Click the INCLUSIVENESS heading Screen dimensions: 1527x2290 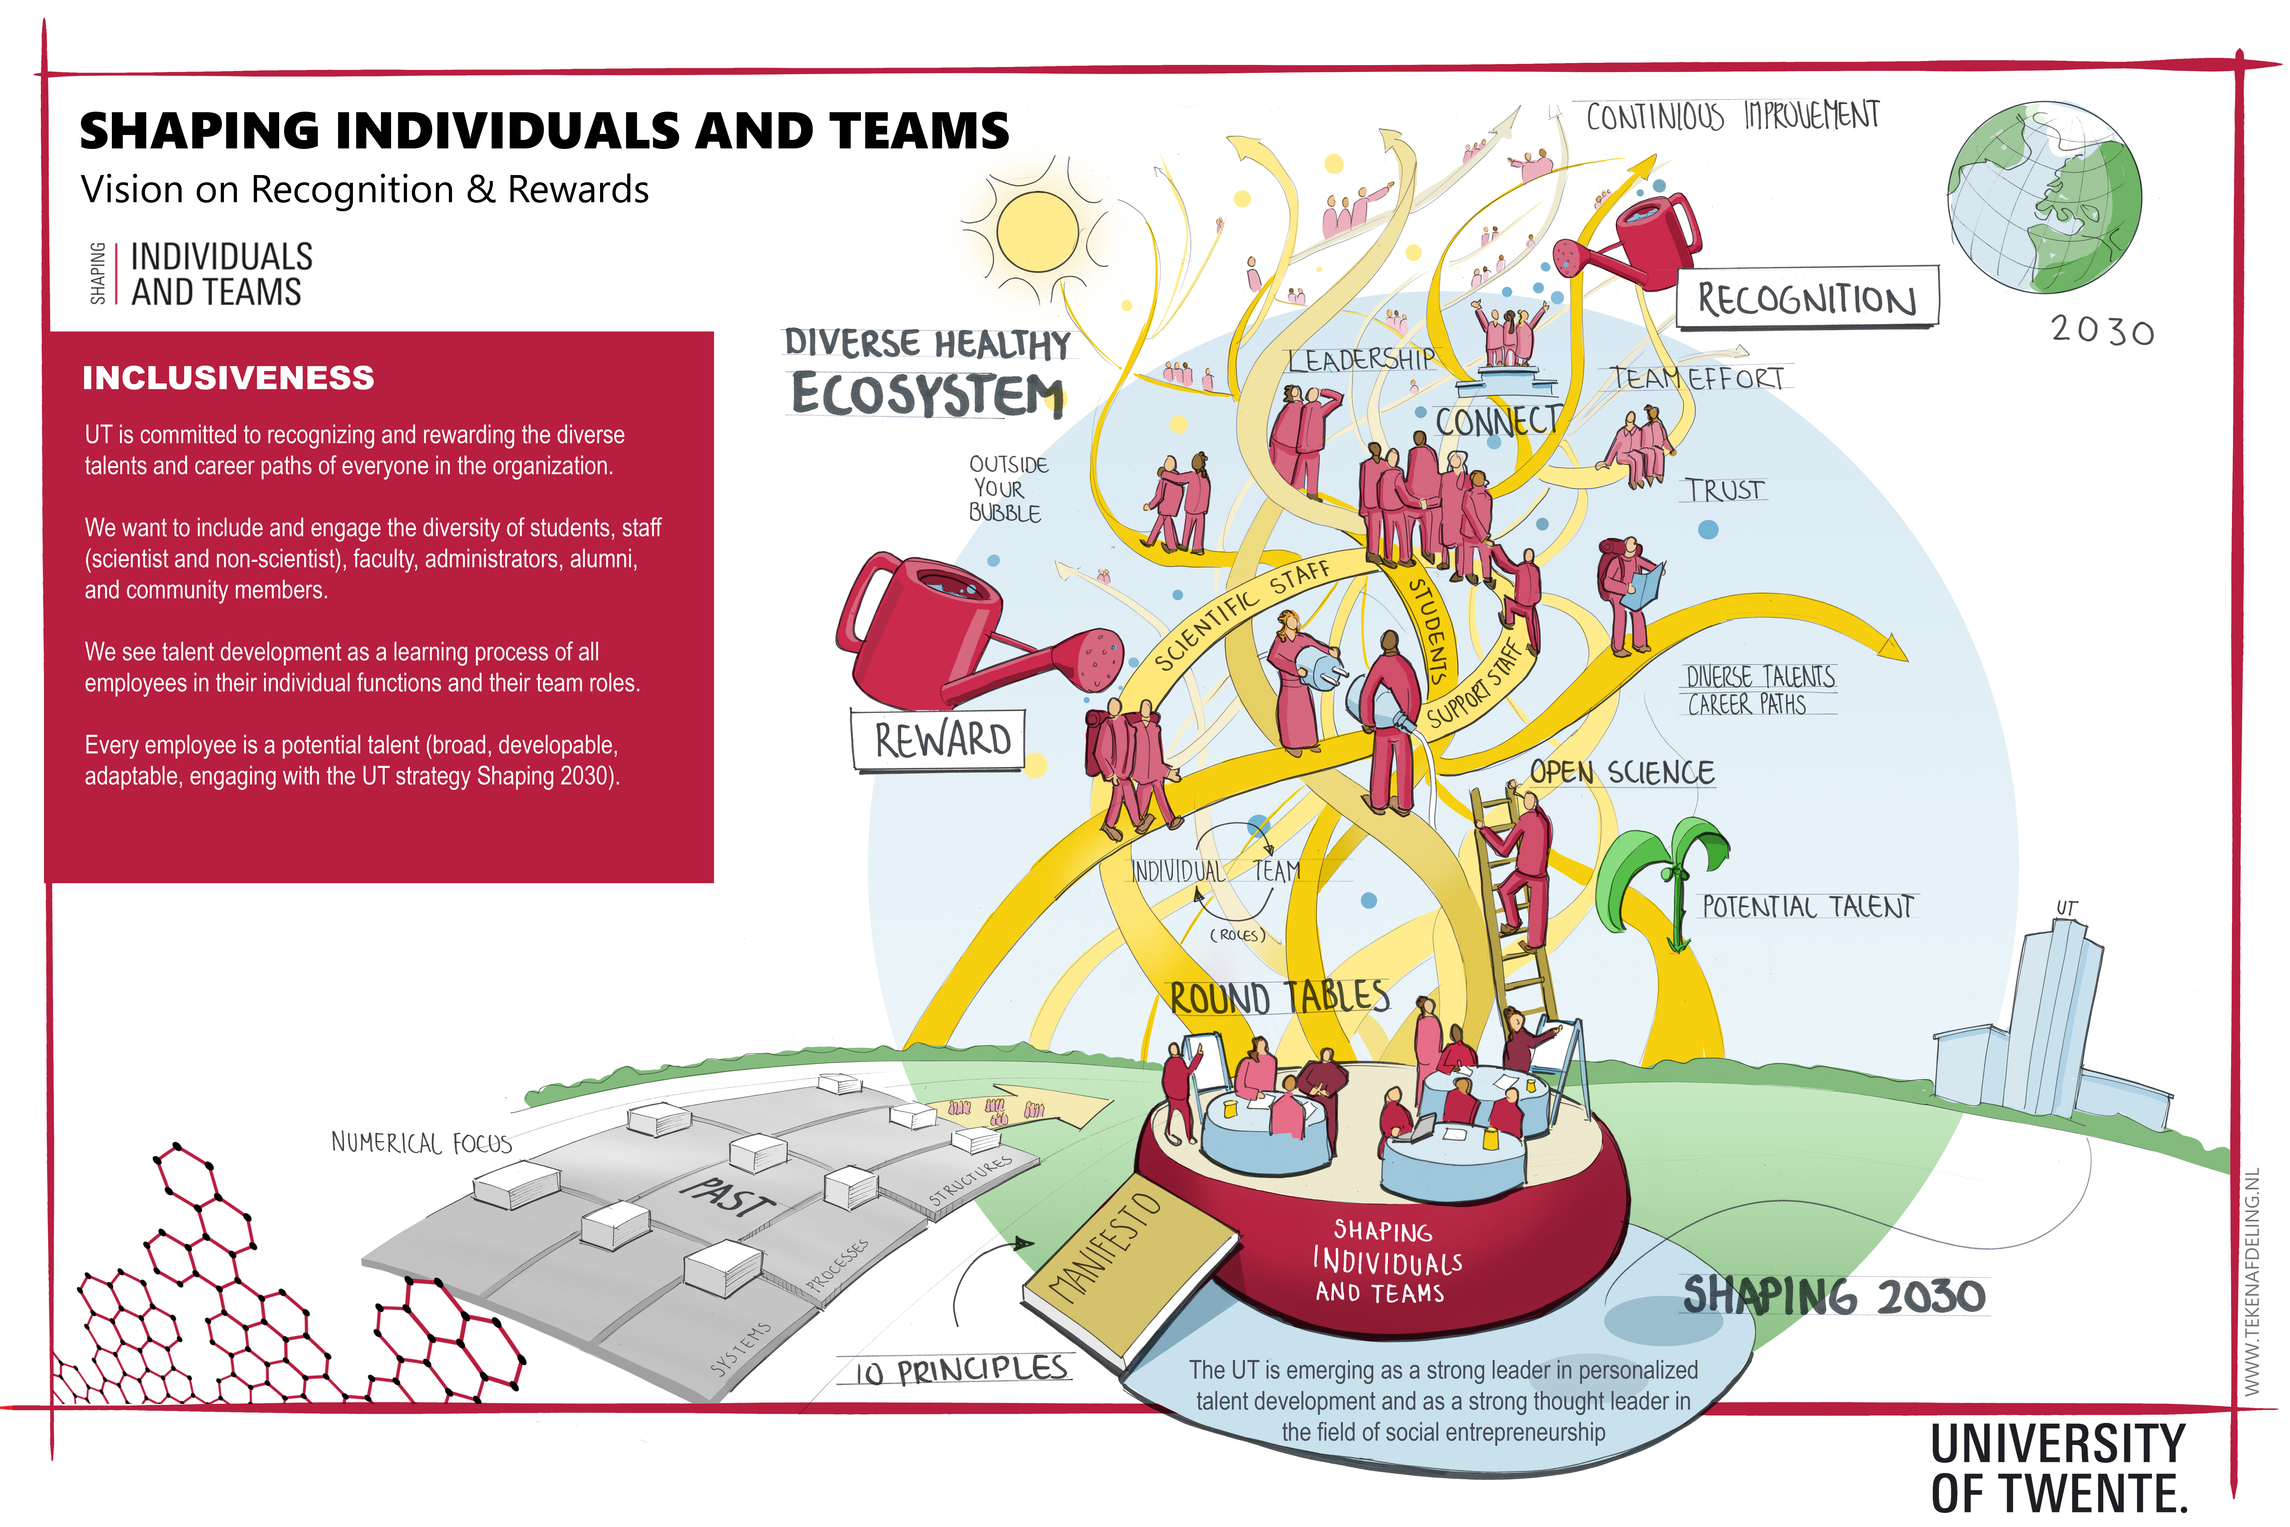[x=228, y=378]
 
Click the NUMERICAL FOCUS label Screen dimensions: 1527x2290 [x=421, y=1142]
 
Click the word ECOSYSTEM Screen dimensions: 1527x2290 [x=927, y=394]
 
